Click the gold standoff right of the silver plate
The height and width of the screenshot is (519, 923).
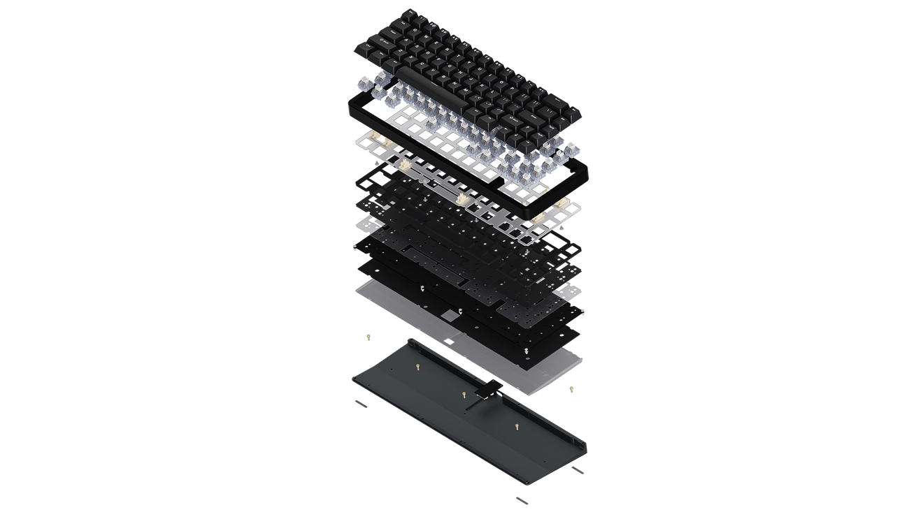(571, 388)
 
